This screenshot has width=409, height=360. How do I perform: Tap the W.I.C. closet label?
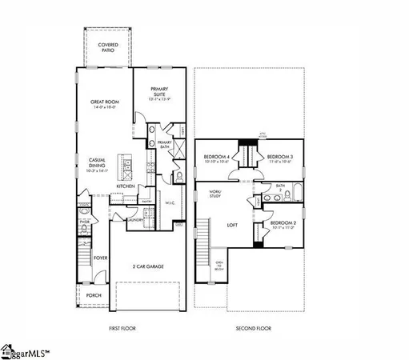tap(170, 202)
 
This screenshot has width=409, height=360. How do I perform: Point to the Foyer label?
tap(101, 258)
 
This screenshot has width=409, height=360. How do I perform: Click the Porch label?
tap(94, 294)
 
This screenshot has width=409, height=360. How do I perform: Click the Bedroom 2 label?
tap(283, 225)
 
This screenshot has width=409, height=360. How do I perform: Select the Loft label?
tap(232, 225)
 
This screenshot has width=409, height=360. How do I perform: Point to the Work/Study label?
tap(215, 194)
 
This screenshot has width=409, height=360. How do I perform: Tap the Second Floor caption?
tap(253, 328)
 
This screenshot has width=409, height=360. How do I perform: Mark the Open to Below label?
tap(219, 266)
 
